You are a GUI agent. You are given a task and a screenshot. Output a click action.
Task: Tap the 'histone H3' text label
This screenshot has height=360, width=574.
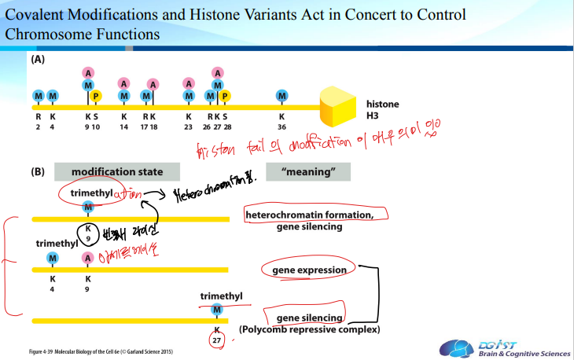[x=382, y=109]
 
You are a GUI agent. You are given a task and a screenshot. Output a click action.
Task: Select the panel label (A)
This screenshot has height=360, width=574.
[x=38, y=60]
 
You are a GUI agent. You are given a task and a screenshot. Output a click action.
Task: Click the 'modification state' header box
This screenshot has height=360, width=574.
[x=117, y=171]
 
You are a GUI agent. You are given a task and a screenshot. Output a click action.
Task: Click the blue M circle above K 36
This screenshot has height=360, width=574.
[x=282, y=96]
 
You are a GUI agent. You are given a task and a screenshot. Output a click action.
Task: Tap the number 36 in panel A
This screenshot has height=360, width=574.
[x=282, y=126]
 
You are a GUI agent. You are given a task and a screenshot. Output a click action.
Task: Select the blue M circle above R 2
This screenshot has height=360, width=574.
[x=38, y=96]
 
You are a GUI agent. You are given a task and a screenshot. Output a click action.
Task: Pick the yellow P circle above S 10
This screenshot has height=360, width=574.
[x=96, y=96]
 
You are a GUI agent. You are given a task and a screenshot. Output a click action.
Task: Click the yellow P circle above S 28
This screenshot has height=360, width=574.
[x=225, y=96]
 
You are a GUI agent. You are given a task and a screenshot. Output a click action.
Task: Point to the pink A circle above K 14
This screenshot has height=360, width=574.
[x=123, y=83]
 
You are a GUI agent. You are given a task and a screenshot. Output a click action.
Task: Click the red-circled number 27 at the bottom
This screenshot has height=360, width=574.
[x=217, y=340]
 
